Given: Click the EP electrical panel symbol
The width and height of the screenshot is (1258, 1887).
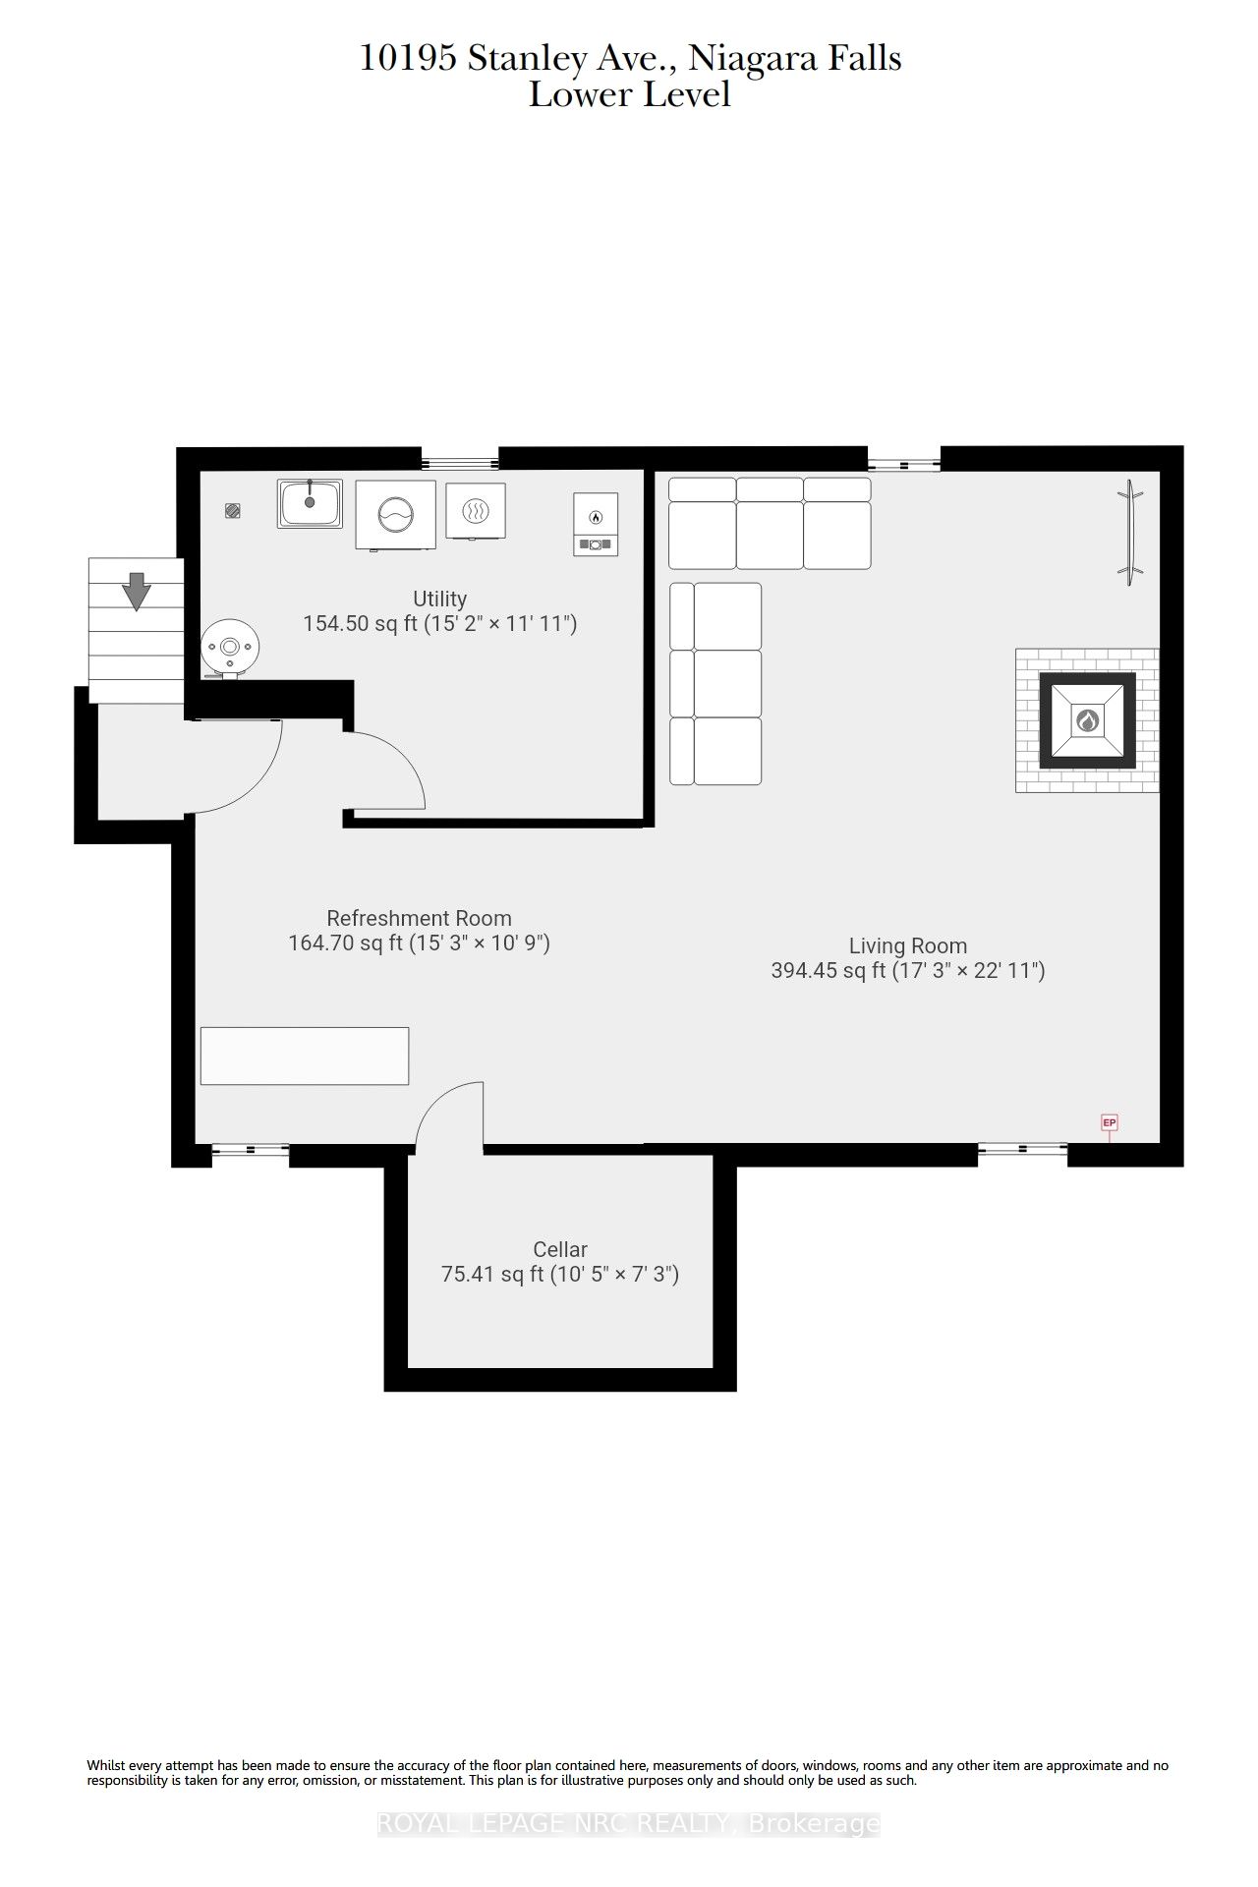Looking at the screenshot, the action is pos(1110,1122).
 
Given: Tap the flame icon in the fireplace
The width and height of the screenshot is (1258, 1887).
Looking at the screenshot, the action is pos(1087,720).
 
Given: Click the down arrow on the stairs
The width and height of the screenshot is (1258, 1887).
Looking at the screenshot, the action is pos(136,591).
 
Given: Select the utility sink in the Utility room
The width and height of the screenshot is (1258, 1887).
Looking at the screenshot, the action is pos(310,503).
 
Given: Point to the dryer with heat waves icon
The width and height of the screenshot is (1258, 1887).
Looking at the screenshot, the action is pos(476,511).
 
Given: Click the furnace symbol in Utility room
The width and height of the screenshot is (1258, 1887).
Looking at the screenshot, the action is pos(596,524).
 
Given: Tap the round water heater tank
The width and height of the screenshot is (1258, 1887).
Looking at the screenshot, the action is pos(230,648).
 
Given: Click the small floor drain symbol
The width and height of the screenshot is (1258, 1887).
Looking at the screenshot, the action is pos(233,510).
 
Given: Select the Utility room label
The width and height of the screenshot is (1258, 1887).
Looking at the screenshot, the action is pos(439,599).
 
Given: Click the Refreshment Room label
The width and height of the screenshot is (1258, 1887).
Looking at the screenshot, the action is pos(419,918).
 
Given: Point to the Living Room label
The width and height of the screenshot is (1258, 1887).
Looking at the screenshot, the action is pos(908,945).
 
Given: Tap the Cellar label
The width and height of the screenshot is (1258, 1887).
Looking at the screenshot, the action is pos(560,1249).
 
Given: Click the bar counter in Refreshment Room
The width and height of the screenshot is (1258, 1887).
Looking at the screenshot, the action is pos(305,1056).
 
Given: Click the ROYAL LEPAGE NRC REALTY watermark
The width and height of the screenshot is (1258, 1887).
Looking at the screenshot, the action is pos(629,1824).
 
